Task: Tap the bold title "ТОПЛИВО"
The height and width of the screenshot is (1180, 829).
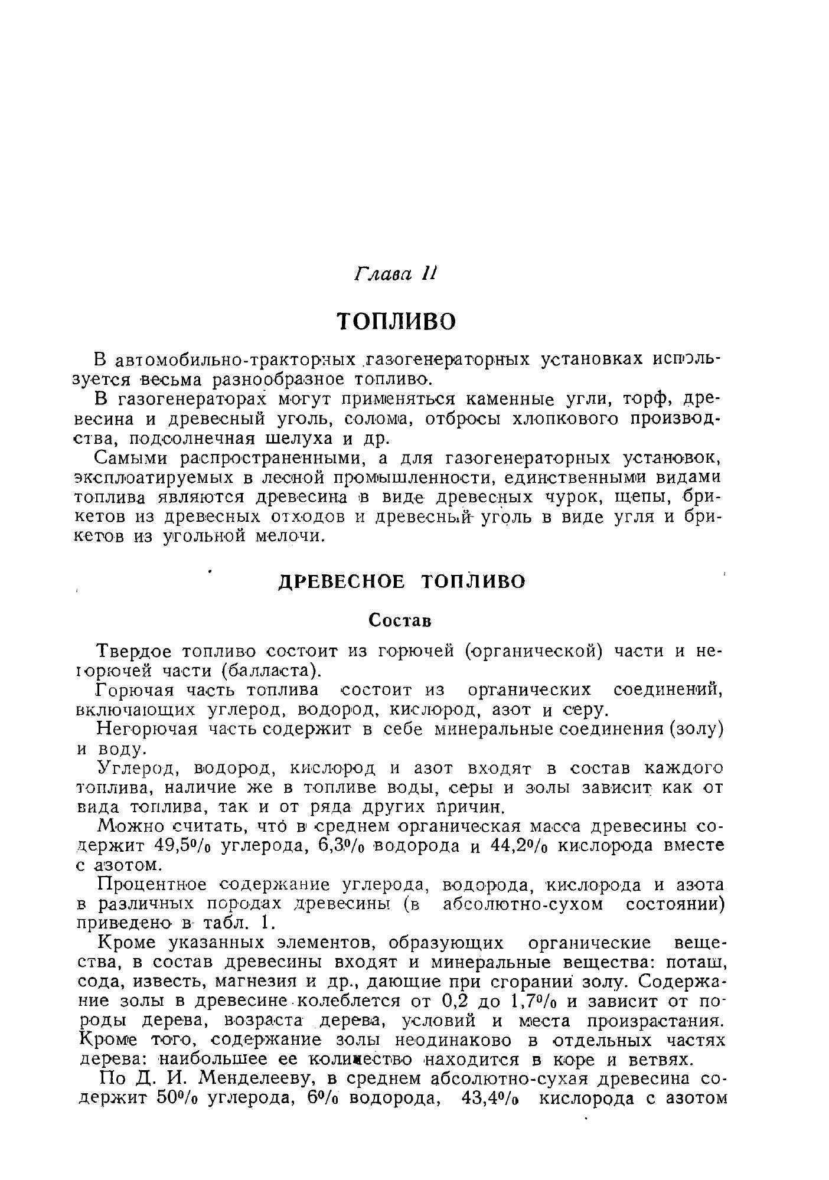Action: [x=397, y=321]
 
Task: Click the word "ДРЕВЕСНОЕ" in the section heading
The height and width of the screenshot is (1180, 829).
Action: [x=342, y=582]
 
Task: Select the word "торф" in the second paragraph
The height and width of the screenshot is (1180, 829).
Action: [x=647, y=400]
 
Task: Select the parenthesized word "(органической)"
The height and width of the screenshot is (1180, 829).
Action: [x=534, y=652]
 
